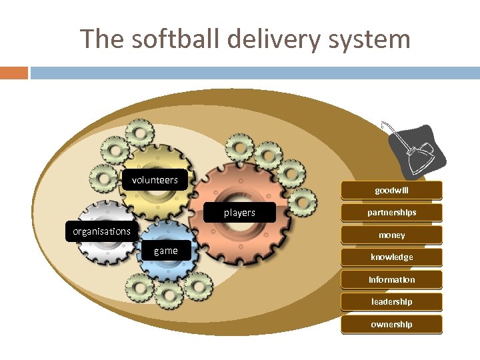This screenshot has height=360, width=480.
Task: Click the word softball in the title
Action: point(176,39)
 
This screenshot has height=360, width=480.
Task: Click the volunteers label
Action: point(155,180)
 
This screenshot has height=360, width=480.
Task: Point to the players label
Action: point(239,213)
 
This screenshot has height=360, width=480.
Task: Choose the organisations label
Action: point(101,231)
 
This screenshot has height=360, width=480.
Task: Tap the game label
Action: point(165,251)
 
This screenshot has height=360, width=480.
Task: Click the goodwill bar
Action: point(391,191)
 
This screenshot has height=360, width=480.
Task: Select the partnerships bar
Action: point(391,213)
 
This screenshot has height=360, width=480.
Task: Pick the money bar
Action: point(391,235)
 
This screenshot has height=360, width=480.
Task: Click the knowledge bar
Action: point(391,257)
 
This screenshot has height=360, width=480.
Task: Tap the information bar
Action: point(391,280)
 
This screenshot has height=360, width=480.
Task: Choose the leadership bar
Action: point(391,302)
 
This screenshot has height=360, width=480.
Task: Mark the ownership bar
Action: point(391,325)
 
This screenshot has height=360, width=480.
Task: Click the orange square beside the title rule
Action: point(14,72)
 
